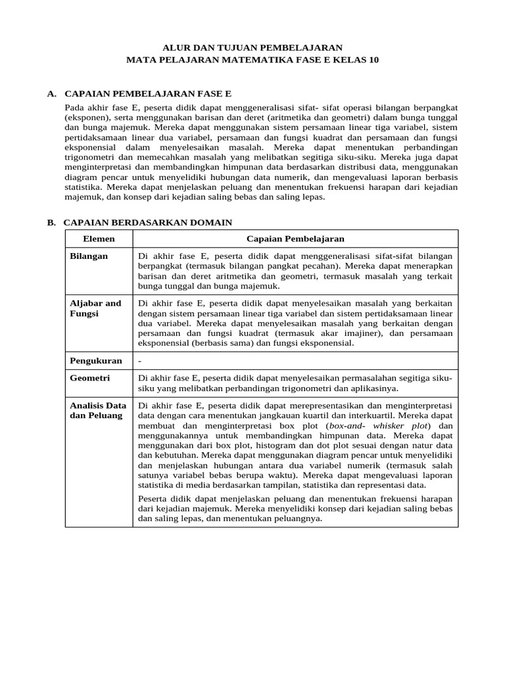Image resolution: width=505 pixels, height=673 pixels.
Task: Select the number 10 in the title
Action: tap(373, 59)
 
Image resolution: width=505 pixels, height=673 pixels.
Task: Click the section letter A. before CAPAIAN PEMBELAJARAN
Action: tap(52, 94)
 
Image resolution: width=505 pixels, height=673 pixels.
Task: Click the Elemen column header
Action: tap(99, 239)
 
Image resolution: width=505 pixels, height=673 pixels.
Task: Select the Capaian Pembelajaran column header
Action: tap(295, 239)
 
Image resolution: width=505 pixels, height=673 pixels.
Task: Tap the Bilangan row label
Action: tap(89, 256)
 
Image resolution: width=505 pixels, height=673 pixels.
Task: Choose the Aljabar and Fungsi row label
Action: tap(95, 308)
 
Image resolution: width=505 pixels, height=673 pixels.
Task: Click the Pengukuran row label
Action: tap(96, 361)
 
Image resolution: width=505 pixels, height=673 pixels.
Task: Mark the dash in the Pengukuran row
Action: tap(140, 361)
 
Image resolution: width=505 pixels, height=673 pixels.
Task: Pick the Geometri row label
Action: tap(90, 379)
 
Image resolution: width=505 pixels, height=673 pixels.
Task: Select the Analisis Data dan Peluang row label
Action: tap(97, 411)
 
